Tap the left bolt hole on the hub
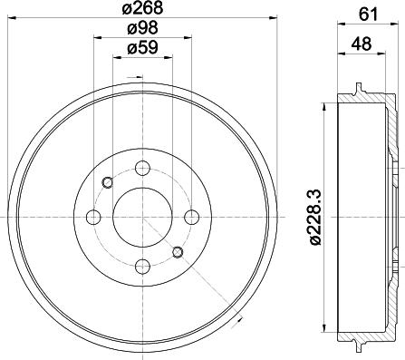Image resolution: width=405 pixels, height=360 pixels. [x=93, y=216]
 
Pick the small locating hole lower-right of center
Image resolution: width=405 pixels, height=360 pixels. [x=177, y=251]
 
